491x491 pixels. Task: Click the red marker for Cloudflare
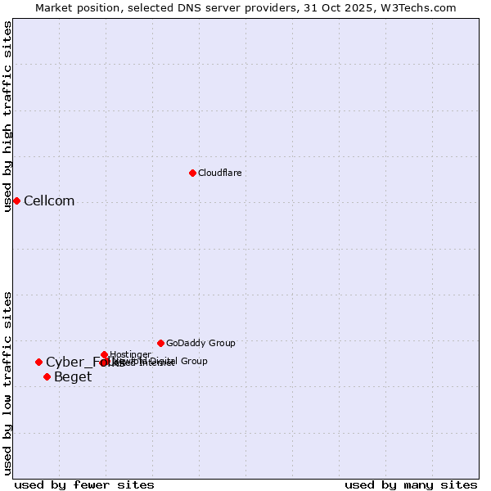click(192, 173)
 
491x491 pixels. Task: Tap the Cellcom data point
click(16, 200)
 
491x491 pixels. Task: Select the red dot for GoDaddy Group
click(160, 343)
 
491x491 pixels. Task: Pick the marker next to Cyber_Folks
click(38, 362)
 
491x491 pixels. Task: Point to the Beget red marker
click(47, 376)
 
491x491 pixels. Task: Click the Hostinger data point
click(105, 354)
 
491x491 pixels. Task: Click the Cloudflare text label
click(219, 173)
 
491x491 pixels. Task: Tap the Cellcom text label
click(49, 201)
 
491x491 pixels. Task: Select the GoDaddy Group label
click(200, 343)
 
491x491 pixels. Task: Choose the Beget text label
click(73, 377)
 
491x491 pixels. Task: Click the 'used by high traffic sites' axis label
click(7, 116)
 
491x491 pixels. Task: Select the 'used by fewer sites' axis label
click(84, 485)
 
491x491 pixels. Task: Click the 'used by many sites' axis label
click(411, 485)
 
